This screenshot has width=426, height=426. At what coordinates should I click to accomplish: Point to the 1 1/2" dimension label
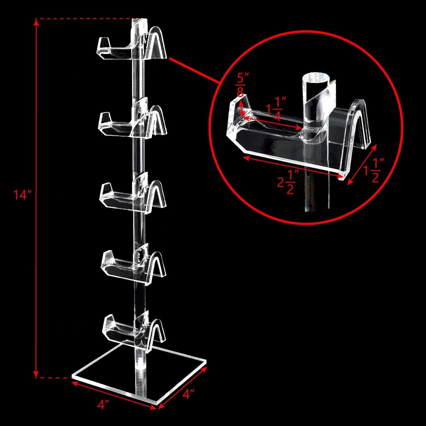374,170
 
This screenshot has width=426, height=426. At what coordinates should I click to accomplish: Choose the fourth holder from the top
133,264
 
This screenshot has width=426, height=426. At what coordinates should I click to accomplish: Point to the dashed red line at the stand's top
85,19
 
